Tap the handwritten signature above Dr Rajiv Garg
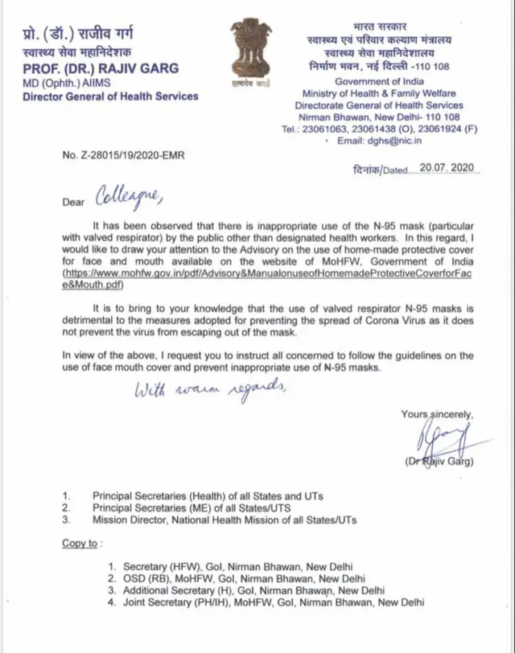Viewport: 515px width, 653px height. click(x=439, y=441)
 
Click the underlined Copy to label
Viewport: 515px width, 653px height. click(x=82, y=544)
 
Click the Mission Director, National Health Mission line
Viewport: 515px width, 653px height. click(x=225, y=520)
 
